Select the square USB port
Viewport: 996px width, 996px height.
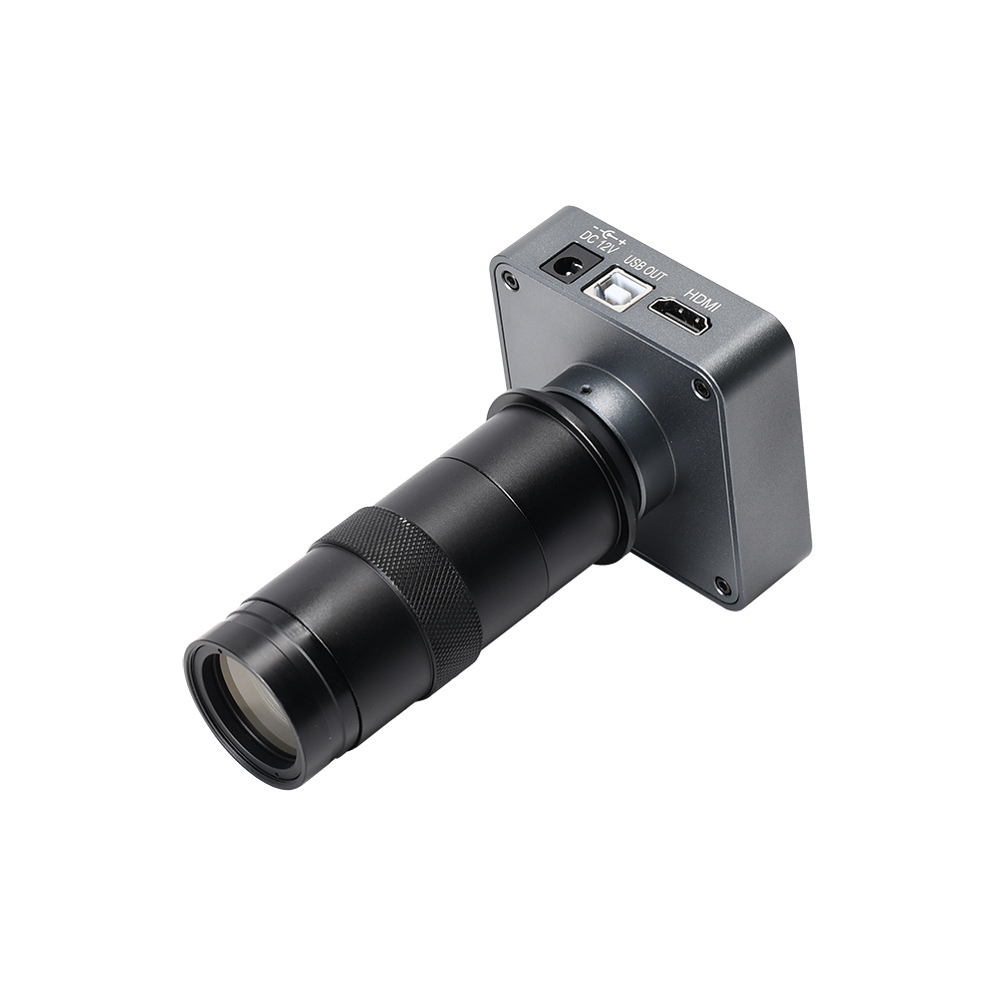pos(617,290)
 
